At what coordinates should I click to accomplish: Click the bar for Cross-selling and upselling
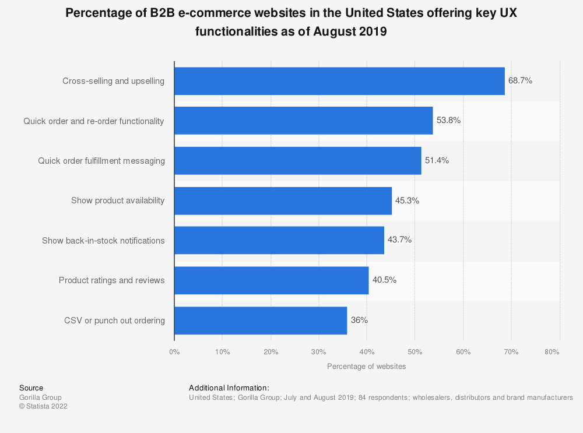coord(339,81)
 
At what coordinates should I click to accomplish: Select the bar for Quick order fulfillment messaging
coord(297,161)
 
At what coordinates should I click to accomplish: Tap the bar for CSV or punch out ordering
coord(261,321)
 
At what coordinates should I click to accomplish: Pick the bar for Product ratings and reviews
coord(271,280)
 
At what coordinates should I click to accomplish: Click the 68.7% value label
coord(520,81)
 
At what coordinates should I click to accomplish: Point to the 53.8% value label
coord(448,121)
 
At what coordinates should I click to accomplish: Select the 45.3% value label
coord(407,200)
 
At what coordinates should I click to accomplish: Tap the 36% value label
coord(359,320)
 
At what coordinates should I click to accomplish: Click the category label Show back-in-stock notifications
coord(103,241)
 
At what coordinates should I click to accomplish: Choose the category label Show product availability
coord(118,200)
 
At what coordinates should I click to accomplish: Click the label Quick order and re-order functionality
coord(94,121)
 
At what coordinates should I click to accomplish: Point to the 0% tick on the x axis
coord(174,352)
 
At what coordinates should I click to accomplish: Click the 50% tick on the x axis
coord(415,352)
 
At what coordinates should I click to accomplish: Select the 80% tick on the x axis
coord(552,352)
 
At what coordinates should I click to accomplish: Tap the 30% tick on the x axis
coord(318,352)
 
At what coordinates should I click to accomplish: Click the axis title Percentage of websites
coord(366,367)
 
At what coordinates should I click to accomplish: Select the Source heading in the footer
coord(31,388)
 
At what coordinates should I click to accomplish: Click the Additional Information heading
coord(229,388)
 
